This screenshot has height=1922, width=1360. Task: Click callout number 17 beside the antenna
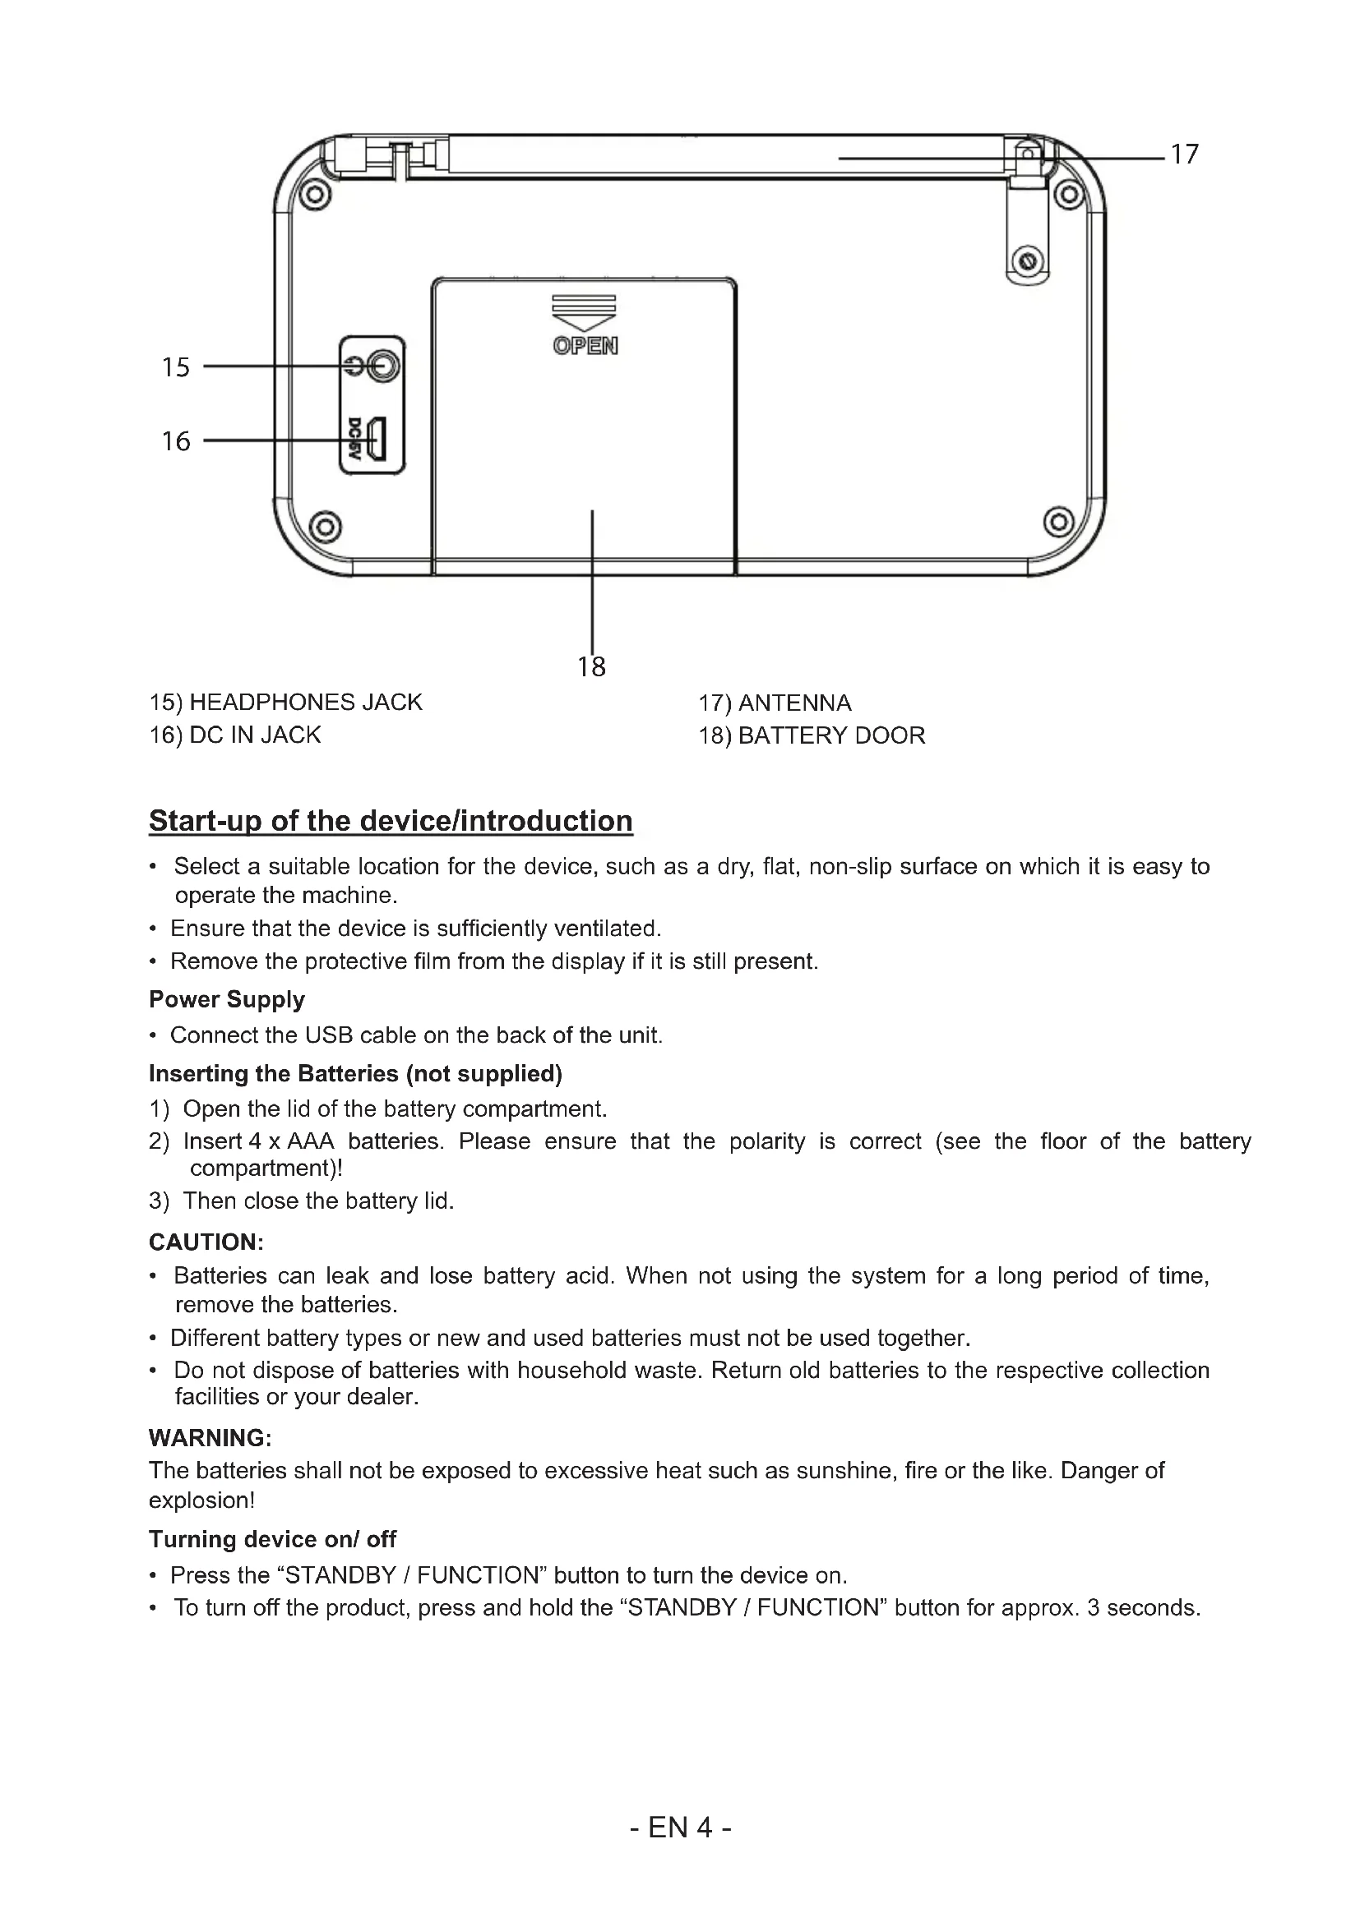coord(1184,154)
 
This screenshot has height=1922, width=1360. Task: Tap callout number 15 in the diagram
coord(176,367)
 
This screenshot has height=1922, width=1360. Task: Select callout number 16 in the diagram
coord(176,441)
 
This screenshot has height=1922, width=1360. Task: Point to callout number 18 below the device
coord(591,666)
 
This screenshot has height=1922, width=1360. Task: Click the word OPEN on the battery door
coord(585,346)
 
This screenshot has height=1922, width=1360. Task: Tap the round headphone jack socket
coord(383,366)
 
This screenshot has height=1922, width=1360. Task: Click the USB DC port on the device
coord(377,440)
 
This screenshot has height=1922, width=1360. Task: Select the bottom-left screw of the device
coord(326,526)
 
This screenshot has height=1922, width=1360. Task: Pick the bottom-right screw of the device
coord(1058,523)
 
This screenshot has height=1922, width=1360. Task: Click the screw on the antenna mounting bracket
coord(1027,260)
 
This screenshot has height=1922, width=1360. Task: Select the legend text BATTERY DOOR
coord(831,735)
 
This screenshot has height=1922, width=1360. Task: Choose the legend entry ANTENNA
coord(795,703)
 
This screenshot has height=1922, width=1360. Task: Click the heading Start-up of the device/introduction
coord(391,821)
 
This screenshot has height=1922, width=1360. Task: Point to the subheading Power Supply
coord(227,999)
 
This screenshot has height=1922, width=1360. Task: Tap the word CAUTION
coord(206,1242)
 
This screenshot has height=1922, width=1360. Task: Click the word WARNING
coord(210,1438)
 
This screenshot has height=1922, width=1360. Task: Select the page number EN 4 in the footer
coord(680,1828)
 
